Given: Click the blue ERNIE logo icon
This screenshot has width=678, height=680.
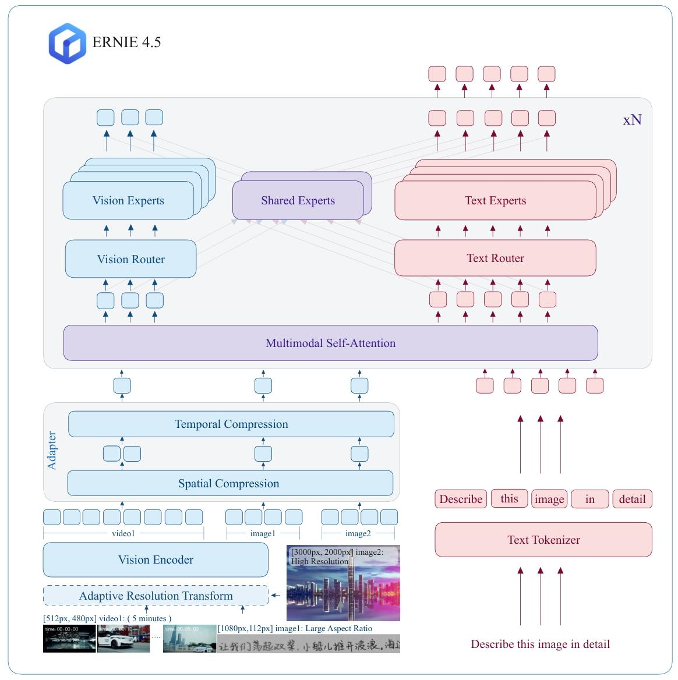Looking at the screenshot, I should pyautogui.click(x=68, y=43).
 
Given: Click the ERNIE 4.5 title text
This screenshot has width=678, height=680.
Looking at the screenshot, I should pyautogui.click(x=126, y=42).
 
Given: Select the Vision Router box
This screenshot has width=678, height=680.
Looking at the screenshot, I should pyautogui.click(x=130, y=259).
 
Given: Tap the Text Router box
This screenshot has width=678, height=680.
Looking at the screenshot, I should pyautogui.click(x=495, y=258).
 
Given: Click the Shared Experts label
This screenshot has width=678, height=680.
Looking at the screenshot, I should pyautogui.click(x=298, y=201).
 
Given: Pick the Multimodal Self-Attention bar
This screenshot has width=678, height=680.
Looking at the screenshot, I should pyautogui.click(x=330, y=343).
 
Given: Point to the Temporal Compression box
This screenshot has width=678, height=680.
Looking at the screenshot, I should pyautogui.click(x=231, y=424).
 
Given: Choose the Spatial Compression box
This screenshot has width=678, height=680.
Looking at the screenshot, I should pyautogui.click(x=229, y=483).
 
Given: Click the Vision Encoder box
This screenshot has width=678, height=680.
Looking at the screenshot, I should pyautogui.click(x=156, y=559).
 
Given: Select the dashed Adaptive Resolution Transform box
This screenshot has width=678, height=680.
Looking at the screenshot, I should pyautogui.click(x=156, y=596).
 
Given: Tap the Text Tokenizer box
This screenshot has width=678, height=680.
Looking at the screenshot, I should pyautogui.click(x=543, y=540).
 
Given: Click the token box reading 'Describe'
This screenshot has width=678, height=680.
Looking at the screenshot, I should pyautogui.click(x=461, y=499).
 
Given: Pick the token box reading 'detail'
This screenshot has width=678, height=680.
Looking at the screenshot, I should pyautogui.click(x=632, y=499).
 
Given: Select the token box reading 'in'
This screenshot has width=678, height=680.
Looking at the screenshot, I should pyautogui.click(x=589, y=499).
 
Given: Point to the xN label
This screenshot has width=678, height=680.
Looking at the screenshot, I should pyautogui.click(x=632, y=120).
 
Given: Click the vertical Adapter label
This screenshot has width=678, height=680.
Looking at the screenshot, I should pyautogui.click(x=52, y=451).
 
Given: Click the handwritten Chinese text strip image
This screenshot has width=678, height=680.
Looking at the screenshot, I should pyautogui.click(x=309, y=644).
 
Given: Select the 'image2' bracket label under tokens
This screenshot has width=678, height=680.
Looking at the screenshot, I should pyautogui.click(x=358, y=533).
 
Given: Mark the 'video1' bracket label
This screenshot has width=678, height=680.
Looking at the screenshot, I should pyautogui.click(x=123, y=533).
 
